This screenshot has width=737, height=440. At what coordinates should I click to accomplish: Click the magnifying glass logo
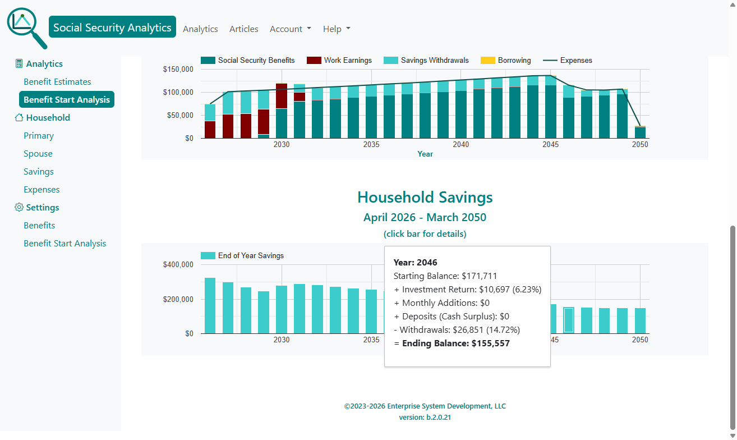(26, 27)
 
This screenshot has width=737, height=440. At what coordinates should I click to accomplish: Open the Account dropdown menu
(290, 29)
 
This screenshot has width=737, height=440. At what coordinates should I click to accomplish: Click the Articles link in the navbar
(244, 29)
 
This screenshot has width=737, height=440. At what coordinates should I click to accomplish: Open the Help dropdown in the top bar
(337, 29)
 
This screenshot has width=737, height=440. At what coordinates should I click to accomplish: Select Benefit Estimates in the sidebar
(57, 82)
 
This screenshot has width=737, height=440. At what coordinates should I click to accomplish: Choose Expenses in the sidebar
(42, 190)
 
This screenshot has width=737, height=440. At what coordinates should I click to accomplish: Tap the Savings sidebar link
(39, 172)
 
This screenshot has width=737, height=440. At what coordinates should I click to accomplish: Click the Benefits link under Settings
(39, 226)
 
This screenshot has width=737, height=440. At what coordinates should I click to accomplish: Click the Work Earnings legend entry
(339, 61)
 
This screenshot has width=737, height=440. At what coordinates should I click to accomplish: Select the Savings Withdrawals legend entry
(426, 61)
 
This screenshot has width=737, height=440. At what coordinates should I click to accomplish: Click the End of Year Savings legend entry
(242, 256)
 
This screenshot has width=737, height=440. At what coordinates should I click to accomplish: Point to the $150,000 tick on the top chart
(178, 70)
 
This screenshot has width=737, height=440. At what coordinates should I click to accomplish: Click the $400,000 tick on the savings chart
(178, 265)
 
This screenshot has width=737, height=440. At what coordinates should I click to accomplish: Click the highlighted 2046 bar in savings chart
(569, 320)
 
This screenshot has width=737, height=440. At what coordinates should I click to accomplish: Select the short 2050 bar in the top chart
(640, 132)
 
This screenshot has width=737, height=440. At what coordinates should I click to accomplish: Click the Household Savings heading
(425, 198)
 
